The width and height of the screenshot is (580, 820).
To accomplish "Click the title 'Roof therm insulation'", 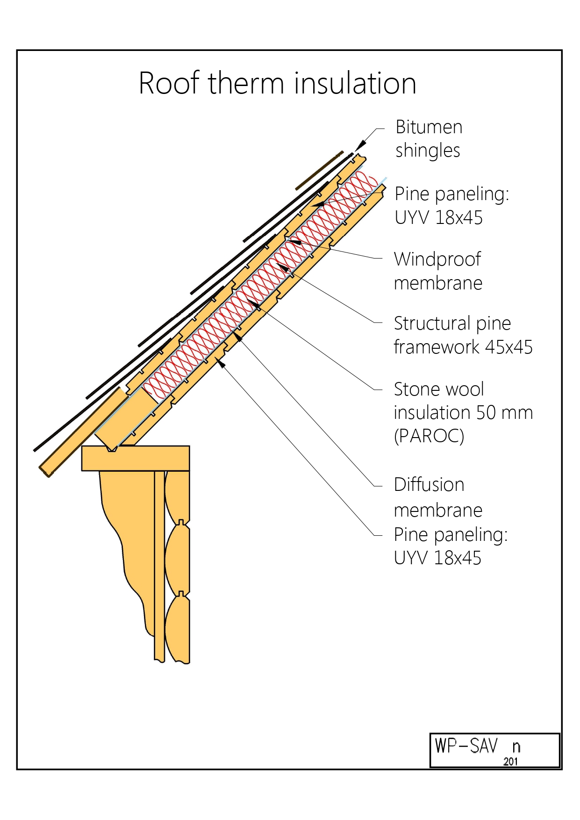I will [277, 83].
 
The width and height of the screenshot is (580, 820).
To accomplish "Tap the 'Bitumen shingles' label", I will [429, 139].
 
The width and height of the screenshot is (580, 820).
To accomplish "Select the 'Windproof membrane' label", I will [437, 271].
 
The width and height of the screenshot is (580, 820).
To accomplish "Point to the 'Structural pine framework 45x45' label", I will [463, 335].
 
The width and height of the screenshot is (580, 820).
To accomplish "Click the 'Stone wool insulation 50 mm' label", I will [463, 401].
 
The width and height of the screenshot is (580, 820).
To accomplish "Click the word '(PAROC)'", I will [429, 436].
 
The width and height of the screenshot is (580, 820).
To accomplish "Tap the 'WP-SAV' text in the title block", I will [466, 746].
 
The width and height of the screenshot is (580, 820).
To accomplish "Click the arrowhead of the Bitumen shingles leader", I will [360, 146].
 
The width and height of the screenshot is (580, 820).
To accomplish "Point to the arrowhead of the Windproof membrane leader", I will [293, 242].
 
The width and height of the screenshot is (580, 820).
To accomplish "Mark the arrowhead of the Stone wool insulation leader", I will [254, 305].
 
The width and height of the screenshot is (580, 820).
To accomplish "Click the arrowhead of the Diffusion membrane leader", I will [237, 335].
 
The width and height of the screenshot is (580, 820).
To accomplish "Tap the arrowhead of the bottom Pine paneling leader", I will [220, 362].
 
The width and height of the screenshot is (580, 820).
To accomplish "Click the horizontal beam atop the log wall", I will [136, 458].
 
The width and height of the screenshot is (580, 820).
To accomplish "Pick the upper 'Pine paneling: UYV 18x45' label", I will [451, 206].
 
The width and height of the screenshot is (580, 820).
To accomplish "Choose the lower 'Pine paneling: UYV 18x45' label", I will [451, 546].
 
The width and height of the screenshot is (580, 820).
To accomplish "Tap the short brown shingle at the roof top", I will [319, 171].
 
